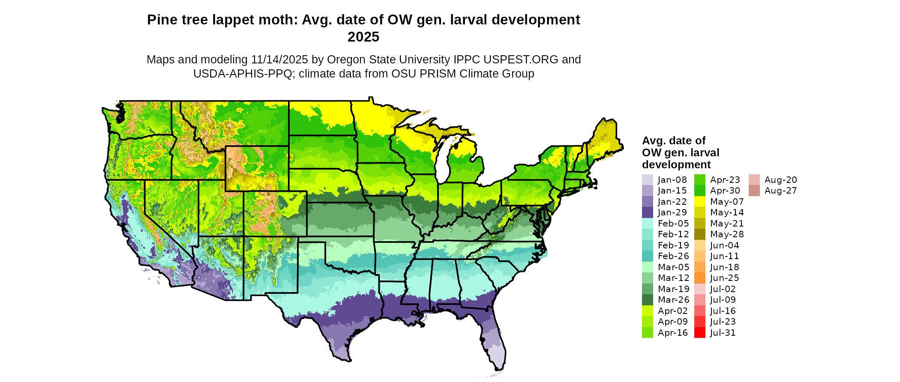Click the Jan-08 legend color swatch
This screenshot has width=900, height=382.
click(647, 180)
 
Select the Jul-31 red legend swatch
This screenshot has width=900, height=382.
click(699, 333)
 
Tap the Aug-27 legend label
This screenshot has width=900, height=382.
click(780, 191)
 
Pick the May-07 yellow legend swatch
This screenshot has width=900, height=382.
click(699, 202)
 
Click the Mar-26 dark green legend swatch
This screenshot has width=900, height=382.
click(647, 300)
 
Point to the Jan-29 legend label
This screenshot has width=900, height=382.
click(672, 212)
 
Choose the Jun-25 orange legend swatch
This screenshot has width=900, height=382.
click(699, 278)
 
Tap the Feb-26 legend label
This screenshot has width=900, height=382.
click(673, 256)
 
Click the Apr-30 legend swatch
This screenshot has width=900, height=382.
click(699, 191)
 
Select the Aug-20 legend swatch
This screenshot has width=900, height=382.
click(754, 180)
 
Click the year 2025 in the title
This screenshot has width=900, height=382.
click(363, 37)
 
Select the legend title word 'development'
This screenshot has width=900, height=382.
click(676, 165)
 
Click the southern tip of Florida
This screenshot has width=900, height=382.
click(498, 367)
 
